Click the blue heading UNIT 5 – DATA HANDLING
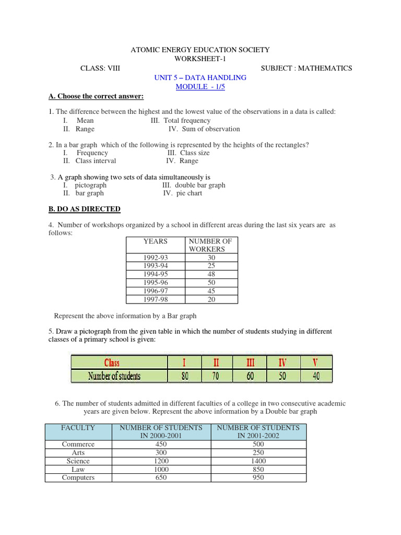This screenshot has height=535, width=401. [x=200, y=77]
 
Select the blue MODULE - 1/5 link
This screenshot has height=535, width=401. [x=200, y=87]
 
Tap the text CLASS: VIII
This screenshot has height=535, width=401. [x=100, y=68]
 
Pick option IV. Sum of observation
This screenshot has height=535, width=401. [x=204, y=129]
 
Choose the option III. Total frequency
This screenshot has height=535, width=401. [x=180, y=121]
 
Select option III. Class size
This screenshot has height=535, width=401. [x=188, y=153]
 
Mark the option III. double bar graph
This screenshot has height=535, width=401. [x=194, y=185]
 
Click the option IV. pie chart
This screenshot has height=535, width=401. [x=183, y=193]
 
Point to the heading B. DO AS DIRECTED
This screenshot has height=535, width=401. [x=85, y=209]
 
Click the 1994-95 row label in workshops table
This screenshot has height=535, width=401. [x=156, y=274]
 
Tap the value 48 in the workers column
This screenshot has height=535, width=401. [x=211, y=274]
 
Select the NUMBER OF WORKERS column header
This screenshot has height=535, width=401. [x=210, y=245]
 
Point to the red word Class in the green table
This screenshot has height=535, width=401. [x=112, y=362]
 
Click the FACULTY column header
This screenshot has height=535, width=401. [x=78, y=427]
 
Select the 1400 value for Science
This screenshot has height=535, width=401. [x=258, y=461]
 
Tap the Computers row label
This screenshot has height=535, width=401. [x=78, y=478]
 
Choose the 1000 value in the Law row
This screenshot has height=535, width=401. [x=161, y=470]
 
